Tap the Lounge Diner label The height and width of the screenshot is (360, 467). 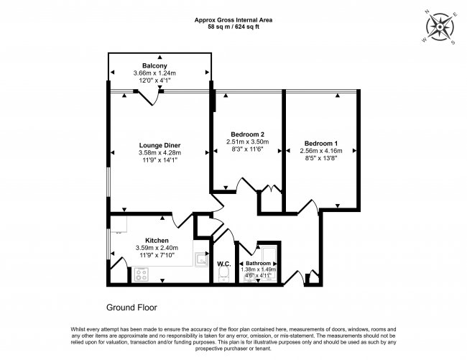pyautogui.click(x=159, y=144)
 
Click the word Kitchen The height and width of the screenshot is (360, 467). pyautogui.click(x=157, y=240)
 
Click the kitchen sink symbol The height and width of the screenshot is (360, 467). pyautogui.click(x=199, y=258)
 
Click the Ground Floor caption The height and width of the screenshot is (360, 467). pyautogui.click(x=131, y=307)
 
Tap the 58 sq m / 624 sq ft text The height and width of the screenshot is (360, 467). pyautogui.click(x=233, y=27)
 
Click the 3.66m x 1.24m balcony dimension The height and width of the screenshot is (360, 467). pyautogui.click(x=159, y=73)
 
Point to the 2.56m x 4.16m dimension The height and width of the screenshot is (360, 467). pyautogui.click(x=321, y=150)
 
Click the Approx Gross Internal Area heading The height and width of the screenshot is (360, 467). pyautogui.click(x=233, y=19)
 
